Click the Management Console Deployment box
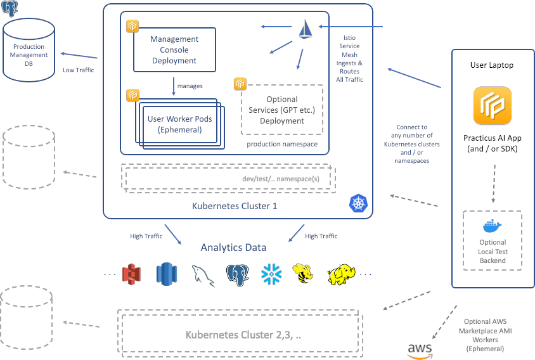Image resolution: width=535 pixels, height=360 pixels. click(174, 49)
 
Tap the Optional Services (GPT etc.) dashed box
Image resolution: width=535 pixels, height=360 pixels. click(282, 110)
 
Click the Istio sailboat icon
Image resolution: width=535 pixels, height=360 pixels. click(306, 29)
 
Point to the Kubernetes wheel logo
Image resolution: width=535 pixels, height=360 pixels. click(358, 203)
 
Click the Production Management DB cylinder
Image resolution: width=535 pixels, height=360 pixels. click(29, 55)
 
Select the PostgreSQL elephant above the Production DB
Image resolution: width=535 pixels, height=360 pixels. click(10, 9)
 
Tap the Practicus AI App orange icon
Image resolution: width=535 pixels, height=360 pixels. click(492, 105)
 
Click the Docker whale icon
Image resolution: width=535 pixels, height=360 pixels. click(492, 227)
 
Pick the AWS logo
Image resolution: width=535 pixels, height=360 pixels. click(420, 349)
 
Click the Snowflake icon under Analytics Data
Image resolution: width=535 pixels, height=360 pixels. click(271, 274)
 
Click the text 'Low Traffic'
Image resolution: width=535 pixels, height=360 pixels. click(78, 70)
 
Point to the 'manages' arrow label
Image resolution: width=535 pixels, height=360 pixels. click(190, 86)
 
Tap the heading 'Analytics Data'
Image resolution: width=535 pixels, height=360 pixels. click(233, 248)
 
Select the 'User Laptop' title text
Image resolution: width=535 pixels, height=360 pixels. click(492, 65)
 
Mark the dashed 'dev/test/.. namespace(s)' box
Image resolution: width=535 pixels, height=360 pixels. click(228, 178)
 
